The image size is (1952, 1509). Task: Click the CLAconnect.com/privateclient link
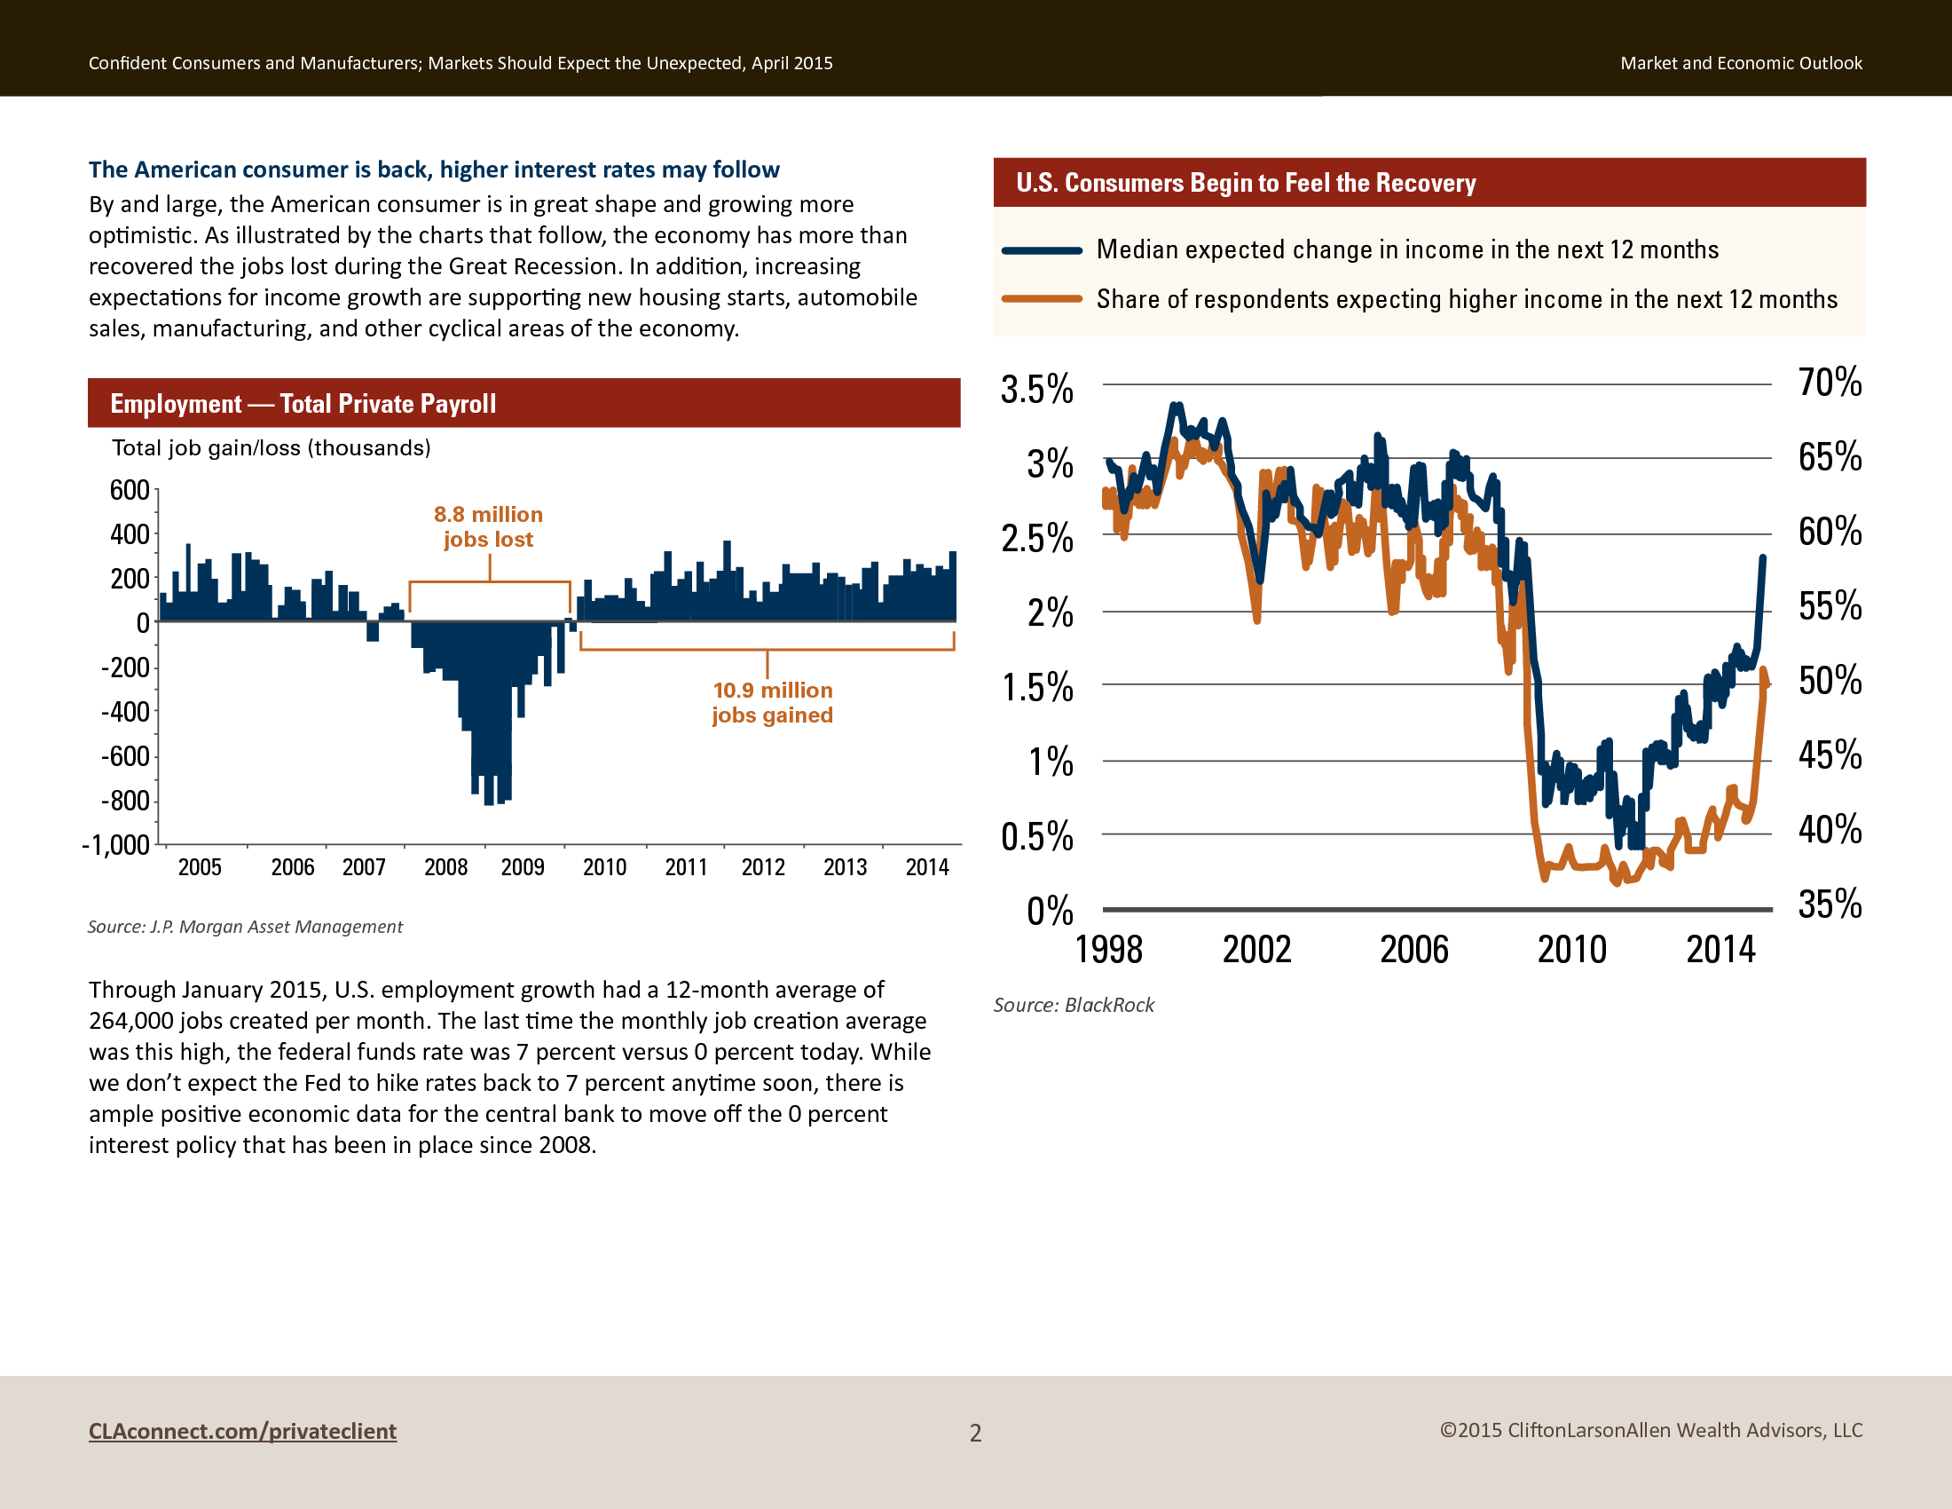(x=242, y=1431)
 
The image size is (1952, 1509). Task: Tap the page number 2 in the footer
(x=976, y=1433)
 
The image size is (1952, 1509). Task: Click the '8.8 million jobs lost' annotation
(x=488, y=526)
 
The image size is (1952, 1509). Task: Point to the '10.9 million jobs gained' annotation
(x=772, y=703)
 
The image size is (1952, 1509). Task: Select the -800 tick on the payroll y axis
(x=125, y=801)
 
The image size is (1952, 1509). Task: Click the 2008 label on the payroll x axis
(x=446, y=867)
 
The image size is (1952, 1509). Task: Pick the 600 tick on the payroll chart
(x=130, y=490)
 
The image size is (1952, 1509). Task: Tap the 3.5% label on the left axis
(x=1036, y=390)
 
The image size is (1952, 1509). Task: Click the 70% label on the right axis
(x=1830, y=383)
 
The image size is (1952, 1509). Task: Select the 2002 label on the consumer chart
(x=1256, y=950)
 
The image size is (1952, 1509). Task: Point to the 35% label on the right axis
(x=1830, y=904)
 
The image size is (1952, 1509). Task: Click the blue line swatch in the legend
(x=1043, y=250)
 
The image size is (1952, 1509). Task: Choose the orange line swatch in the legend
(x=1043, y=298)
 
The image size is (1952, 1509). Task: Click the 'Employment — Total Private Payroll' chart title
(x=303, y=404)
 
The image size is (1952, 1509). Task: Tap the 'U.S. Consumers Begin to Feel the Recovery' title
(x=1246, y=183)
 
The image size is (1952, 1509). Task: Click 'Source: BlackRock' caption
(x=1074, y=1005)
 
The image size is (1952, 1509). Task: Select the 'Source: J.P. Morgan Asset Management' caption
(x=245, y=927)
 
